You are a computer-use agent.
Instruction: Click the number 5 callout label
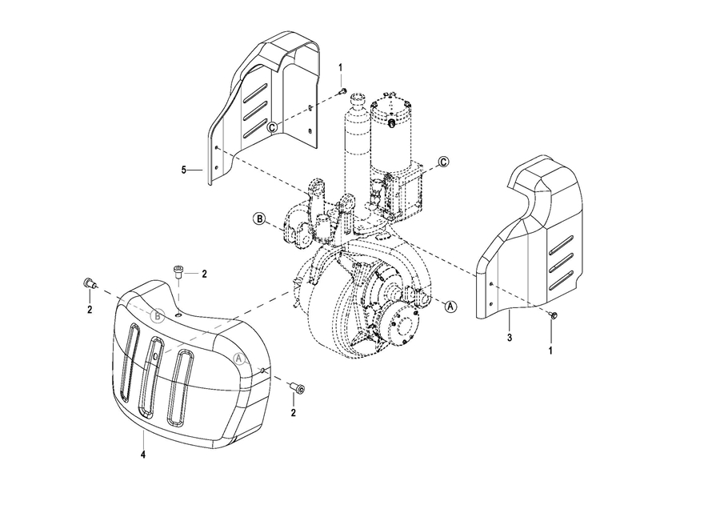tap(184, 170)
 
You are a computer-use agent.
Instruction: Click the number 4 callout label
tap(143, 455)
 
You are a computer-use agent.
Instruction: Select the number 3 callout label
tap(510, 338)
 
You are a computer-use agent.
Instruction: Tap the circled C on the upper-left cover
tap(273, 126)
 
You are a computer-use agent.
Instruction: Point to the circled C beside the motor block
tap(443, 162)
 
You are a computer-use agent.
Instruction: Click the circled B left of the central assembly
tap(259, 219)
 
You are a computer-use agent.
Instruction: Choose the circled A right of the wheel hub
tap(451, 306)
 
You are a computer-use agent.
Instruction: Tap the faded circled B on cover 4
tap(158, 315)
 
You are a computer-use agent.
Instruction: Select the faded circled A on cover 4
tap(239, 359)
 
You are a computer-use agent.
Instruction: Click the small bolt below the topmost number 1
tap(342, 91)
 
